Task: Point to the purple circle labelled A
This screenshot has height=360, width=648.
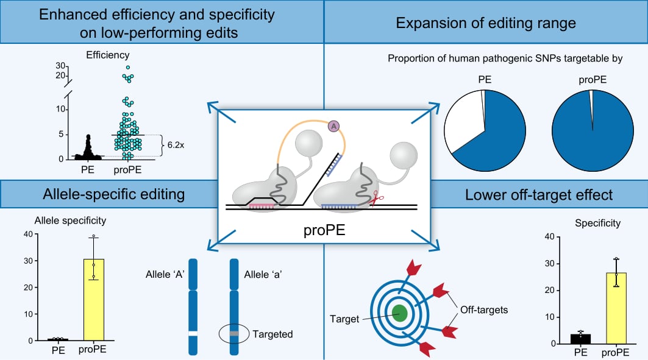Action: click(x=333, y=126)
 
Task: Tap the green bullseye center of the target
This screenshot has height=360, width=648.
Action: click(x=399, y=313)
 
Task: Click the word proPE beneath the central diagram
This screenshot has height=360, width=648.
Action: click(x=324, y=232)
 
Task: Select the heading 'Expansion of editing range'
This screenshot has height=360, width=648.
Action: click(x=486, y=23)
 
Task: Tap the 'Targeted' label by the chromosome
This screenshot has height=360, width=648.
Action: click(x=272, y=334)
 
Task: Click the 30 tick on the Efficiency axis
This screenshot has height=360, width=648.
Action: click(x=60, y=66)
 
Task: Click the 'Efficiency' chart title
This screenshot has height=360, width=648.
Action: click(x=108, y=54)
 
